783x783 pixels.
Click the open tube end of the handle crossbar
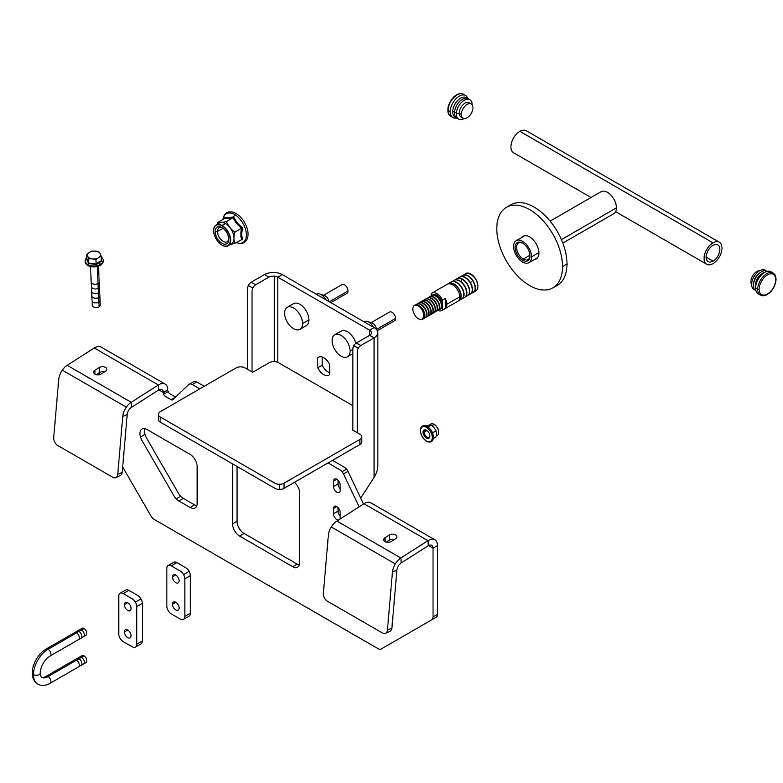(x=714, y=254)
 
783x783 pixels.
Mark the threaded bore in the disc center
(x=525, y=248)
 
